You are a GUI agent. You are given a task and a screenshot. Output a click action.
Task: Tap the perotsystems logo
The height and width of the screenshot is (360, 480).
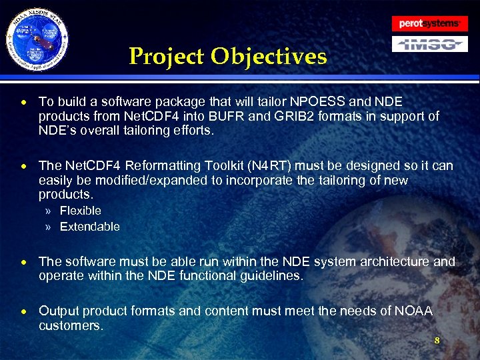(x=429, y=23)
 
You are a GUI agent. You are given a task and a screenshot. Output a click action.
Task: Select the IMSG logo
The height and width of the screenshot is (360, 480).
(x=429, y=45)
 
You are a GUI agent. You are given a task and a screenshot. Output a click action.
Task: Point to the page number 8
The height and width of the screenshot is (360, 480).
(x=437, y=341)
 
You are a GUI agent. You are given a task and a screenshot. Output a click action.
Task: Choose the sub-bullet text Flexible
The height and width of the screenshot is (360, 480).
(x=81, y=211)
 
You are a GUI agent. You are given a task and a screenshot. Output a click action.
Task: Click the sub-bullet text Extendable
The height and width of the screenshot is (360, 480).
(x=90, y=227)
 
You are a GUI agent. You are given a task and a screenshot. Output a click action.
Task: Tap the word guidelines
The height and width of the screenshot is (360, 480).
(x=273, y=276)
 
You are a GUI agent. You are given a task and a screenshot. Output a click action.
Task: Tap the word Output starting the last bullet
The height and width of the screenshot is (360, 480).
(x=57, y=311)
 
